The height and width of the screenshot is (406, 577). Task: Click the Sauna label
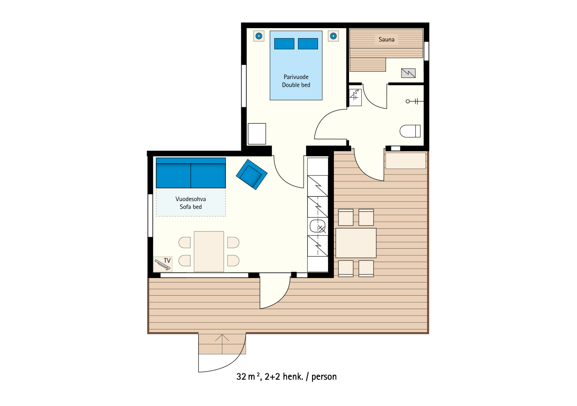point(386,39)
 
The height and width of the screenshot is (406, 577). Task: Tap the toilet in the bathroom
point(410,131)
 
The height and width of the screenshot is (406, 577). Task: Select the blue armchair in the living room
point(252,174)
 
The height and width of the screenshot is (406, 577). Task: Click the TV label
point(167,260)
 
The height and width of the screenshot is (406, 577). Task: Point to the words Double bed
point(296,85)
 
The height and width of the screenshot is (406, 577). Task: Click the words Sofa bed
point(190,207)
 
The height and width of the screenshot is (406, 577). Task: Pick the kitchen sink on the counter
point(318,226)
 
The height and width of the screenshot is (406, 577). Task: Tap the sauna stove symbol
point(408,73)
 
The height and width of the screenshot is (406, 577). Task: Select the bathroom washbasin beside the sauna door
point(355,97)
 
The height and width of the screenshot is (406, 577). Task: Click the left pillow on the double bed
point(284,44)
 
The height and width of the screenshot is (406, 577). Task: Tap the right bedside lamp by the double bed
point(333,36)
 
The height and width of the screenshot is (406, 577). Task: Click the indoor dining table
point(209,251)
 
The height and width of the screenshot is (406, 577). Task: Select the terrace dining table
point(356,243)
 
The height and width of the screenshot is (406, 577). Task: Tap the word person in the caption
point(324,377)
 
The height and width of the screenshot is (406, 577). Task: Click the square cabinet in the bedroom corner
point(257,134)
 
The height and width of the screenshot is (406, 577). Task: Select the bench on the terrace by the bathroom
point(406,161)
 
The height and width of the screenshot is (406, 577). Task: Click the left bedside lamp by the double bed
point(259,36)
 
